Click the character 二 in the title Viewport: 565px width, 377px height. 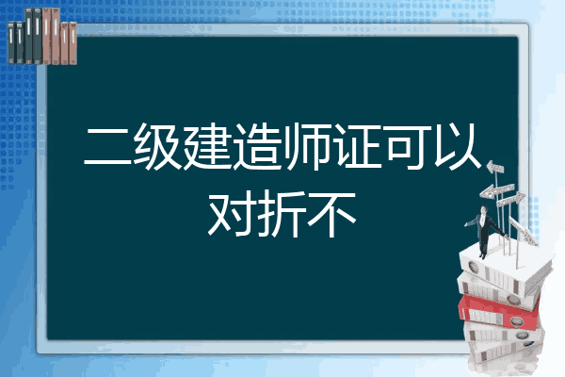pos(107,147)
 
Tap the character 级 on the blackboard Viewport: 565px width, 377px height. pos(157,146)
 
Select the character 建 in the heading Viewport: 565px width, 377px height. pos(207,146)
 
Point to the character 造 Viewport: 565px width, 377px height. pos(256,146)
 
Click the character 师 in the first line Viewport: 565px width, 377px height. pos(306,146)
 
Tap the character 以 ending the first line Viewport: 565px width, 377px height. pos(457,146)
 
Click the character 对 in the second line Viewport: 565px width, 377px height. pos(232,214)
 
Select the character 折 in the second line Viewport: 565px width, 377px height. pos(282,214)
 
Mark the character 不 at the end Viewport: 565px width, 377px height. pos(331,214)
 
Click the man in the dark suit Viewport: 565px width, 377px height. pos(484,231)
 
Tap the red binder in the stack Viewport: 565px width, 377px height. pos(499,312)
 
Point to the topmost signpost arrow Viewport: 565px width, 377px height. pos(495,167)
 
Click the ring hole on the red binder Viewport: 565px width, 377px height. pos(517,320)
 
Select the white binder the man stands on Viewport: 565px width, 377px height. pos(505,267)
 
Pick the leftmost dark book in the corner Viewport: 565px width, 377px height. pos(11,42)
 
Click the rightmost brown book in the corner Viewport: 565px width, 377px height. pos(73,43)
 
